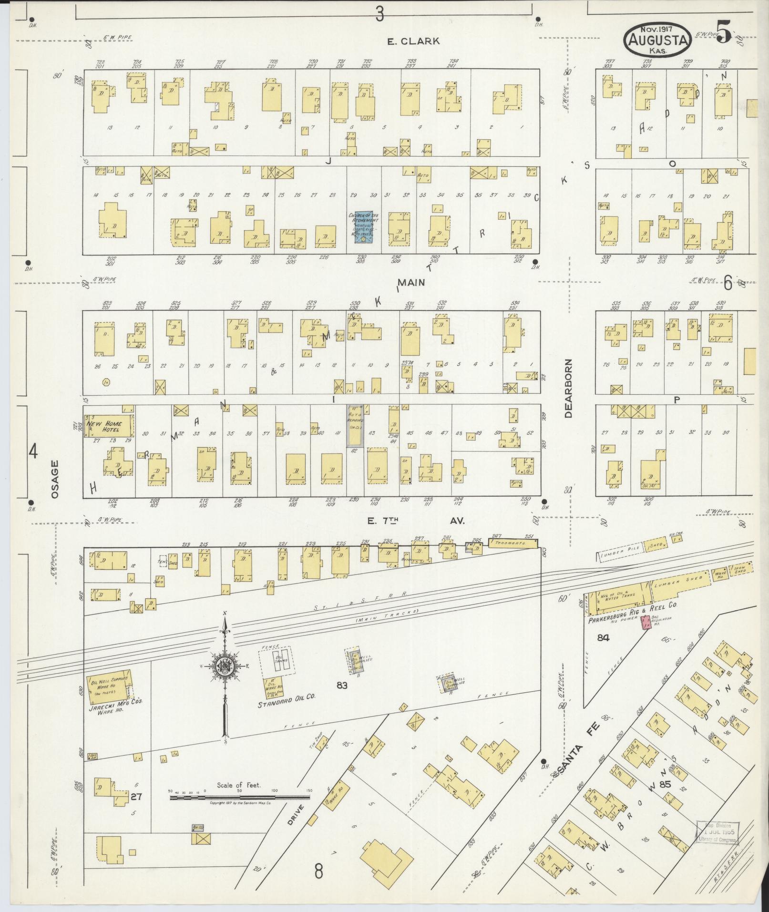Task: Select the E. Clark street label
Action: (x=413, y=41)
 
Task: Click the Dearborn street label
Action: (x=568, y=389)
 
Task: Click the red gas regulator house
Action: (x=646, y=623)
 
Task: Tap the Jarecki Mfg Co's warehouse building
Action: (x=109, y=689)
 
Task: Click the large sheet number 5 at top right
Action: (x=723, y=34)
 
